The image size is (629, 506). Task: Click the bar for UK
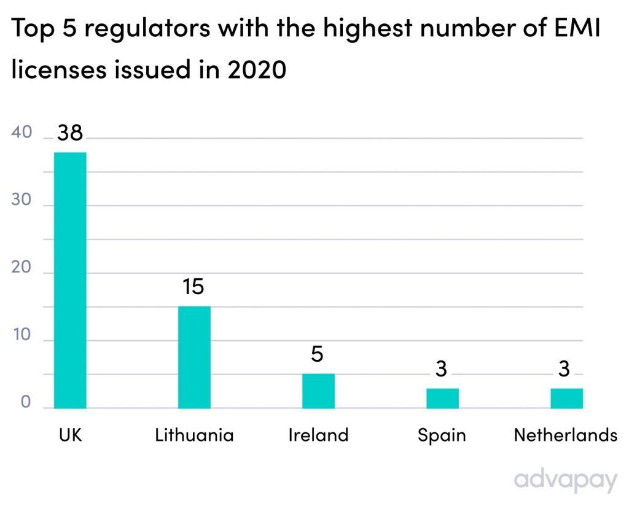70,280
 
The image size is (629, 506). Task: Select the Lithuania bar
194,357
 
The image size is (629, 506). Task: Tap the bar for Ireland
318,391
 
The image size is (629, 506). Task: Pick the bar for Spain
442,398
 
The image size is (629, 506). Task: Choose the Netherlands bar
566,398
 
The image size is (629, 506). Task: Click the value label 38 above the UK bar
70,133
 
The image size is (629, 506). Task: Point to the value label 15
193,287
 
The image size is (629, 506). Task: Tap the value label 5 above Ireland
318,354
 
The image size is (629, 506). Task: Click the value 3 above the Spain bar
442,369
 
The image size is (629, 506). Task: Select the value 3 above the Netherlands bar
566,369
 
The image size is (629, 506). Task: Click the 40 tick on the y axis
23,133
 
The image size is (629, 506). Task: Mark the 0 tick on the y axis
26,403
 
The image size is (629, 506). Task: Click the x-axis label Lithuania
194,435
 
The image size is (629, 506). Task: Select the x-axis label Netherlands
565,435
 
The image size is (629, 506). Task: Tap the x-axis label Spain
442,436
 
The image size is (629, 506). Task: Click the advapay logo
565,480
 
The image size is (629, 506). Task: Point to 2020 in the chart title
257,70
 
